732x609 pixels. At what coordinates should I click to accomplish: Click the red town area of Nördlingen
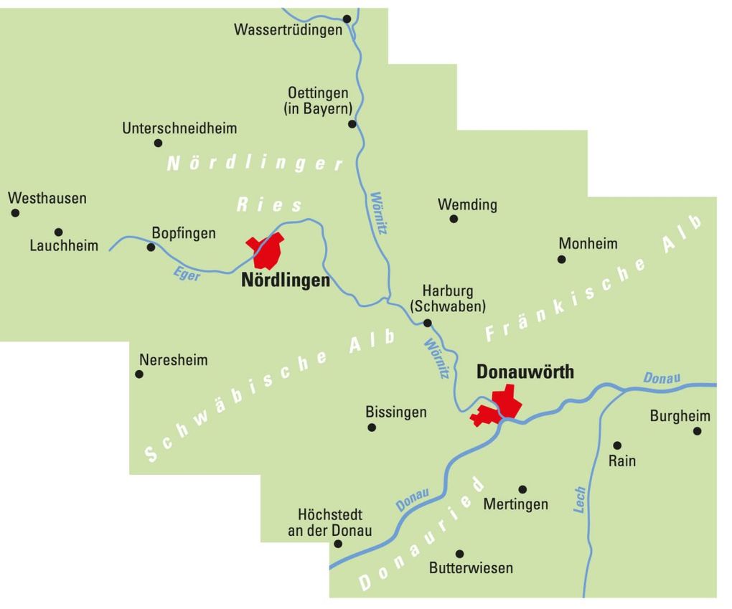[267, 250]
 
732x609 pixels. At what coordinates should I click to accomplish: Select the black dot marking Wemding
[454, 219]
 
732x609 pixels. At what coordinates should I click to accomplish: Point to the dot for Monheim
[561, 260]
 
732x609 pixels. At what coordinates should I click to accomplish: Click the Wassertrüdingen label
[288, 30]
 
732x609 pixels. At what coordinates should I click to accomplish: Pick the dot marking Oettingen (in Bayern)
[352, 124]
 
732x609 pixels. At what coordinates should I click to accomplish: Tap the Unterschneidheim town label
[179, 128]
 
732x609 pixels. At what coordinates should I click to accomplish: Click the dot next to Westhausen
[15, 213]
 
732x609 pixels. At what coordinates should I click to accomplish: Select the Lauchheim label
[64, 246]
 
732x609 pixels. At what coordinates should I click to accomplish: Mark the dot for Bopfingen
[151, 247]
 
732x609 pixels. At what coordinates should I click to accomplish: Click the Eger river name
[187, 274]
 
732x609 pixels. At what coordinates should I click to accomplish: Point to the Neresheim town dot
[139, 374]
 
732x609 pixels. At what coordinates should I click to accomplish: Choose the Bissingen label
[396, 412]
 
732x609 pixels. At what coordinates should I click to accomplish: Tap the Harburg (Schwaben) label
[448, 298]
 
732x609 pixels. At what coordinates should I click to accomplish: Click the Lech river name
[580, 499]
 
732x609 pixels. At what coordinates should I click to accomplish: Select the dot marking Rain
[617, 445]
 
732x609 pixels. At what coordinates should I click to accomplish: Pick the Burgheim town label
[680, 416]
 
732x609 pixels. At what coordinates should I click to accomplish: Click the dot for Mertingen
[522, 490]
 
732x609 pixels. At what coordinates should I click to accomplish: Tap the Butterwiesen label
[471, 568]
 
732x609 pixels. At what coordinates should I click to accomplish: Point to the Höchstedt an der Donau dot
[338, 544]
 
